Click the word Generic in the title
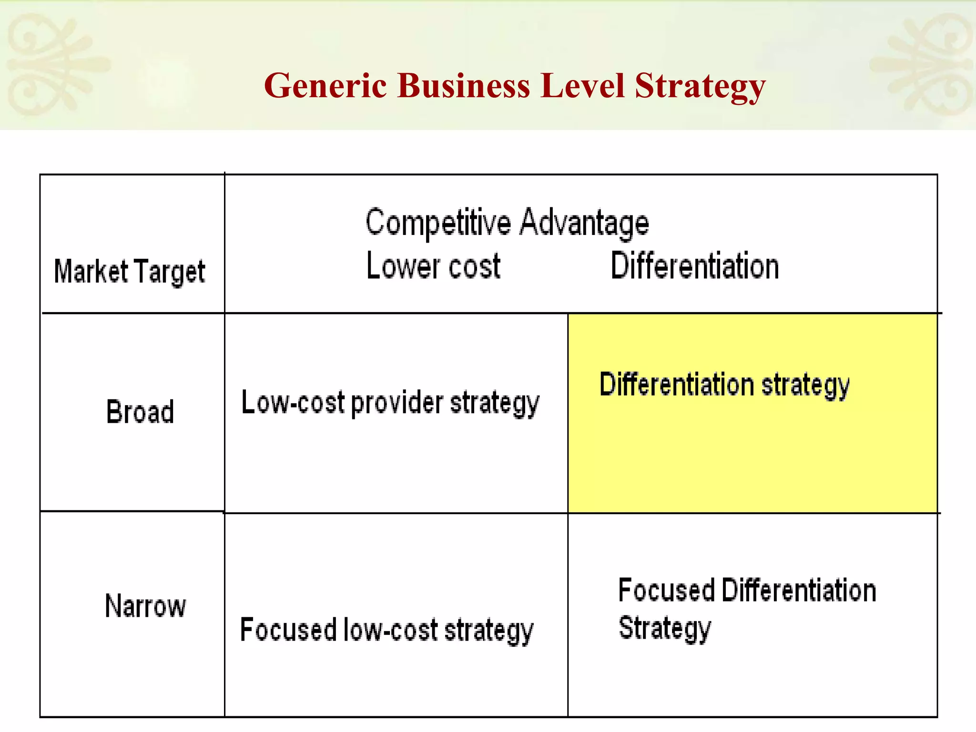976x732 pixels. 325,86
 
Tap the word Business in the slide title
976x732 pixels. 463,86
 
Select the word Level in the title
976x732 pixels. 582,86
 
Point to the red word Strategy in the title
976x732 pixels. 700,87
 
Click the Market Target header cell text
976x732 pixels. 130,272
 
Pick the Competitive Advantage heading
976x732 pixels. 507,223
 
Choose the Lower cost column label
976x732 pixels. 433,266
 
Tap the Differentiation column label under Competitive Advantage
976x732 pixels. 695,266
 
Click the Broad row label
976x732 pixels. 140,411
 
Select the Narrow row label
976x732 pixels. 145,606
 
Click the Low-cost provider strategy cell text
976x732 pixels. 390,403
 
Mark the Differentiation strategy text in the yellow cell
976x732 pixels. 724,385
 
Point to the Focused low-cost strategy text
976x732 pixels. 386,630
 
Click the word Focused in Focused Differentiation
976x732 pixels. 666,590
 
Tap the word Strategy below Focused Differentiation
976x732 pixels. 665,629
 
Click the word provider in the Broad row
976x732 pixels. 397,404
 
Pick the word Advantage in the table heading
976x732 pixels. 584,223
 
